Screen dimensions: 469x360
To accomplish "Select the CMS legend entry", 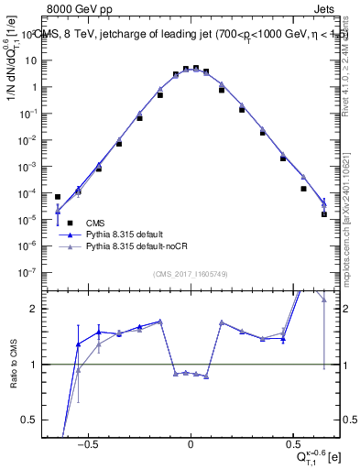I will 94,223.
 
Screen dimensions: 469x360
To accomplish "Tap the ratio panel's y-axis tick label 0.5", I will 36,420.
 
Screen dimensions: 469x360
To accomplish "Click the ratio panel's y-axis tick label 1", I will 40,365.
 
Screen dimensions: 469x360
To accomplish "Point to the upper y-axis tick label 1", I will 40,87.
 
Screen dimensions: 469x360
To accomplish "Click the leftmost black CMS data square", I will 58,197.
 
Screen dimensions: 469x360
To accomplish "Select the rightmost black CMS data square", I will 324,214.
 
